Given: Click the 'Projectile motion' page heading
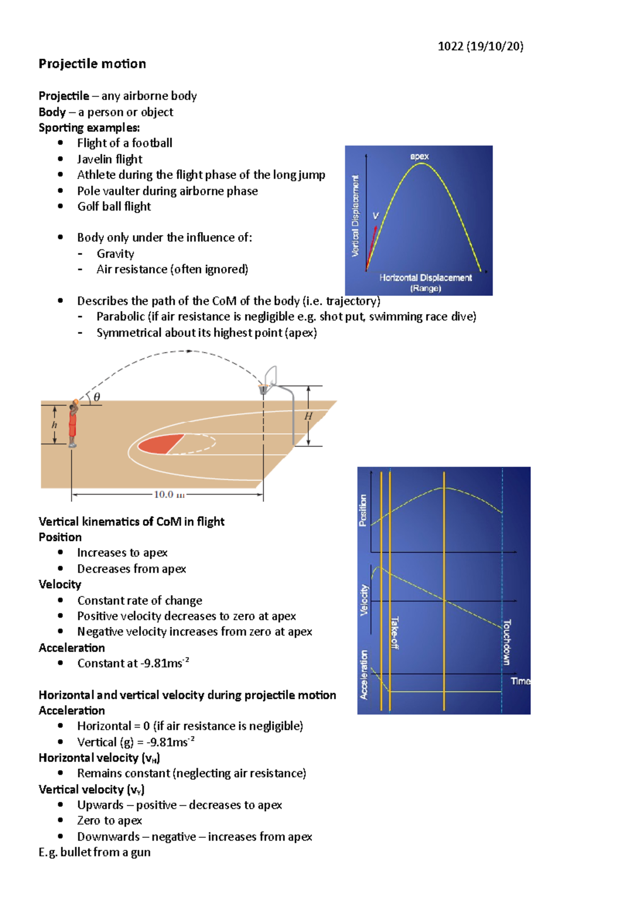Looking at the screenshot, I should (x=92, y=64).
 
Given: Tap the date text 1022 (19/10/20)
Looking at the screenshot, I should (x=480, y=46).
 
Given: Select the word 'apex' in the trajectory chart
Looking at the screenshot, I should (x=419, y=156).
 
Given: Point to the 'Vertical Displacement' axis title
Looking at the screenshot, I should (x=355, y=216).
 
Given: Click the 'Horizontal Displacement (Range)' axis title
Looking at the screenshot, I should (x=425, y=282).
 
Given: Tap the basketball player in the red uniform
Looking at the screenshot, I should (x=72, y=424).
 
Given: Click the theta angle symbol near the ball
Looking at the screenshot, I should (x=96, y=397).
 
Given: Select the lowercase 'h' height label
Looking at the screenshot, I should (x=54, y=425).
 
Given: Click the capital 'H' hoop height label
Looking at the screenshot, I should (x=308, y=416).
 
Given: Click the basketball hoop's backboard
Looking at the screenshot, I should (x=271, y=375).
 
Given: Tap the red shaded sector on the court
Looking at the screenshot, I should (x=160, y=444).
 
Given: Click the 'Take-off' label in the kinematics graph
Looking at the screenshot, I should (x=395, y=633).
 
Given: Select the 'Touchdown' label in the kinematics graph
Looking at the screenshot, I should (x=507, y=642).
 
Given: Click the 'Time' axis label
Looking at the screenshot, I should (x=520, y=681).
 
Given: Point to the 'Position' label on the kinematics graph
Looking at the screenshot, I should (x=363, y=510).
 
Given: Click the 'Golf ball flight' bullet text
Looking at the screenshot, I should (x=114, y=207).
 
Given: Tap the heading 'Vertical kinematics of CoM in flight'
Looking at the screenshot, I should (x=132, y=522).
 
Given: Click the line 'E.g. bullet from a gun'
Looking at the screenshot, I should (x=94, y=852).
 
